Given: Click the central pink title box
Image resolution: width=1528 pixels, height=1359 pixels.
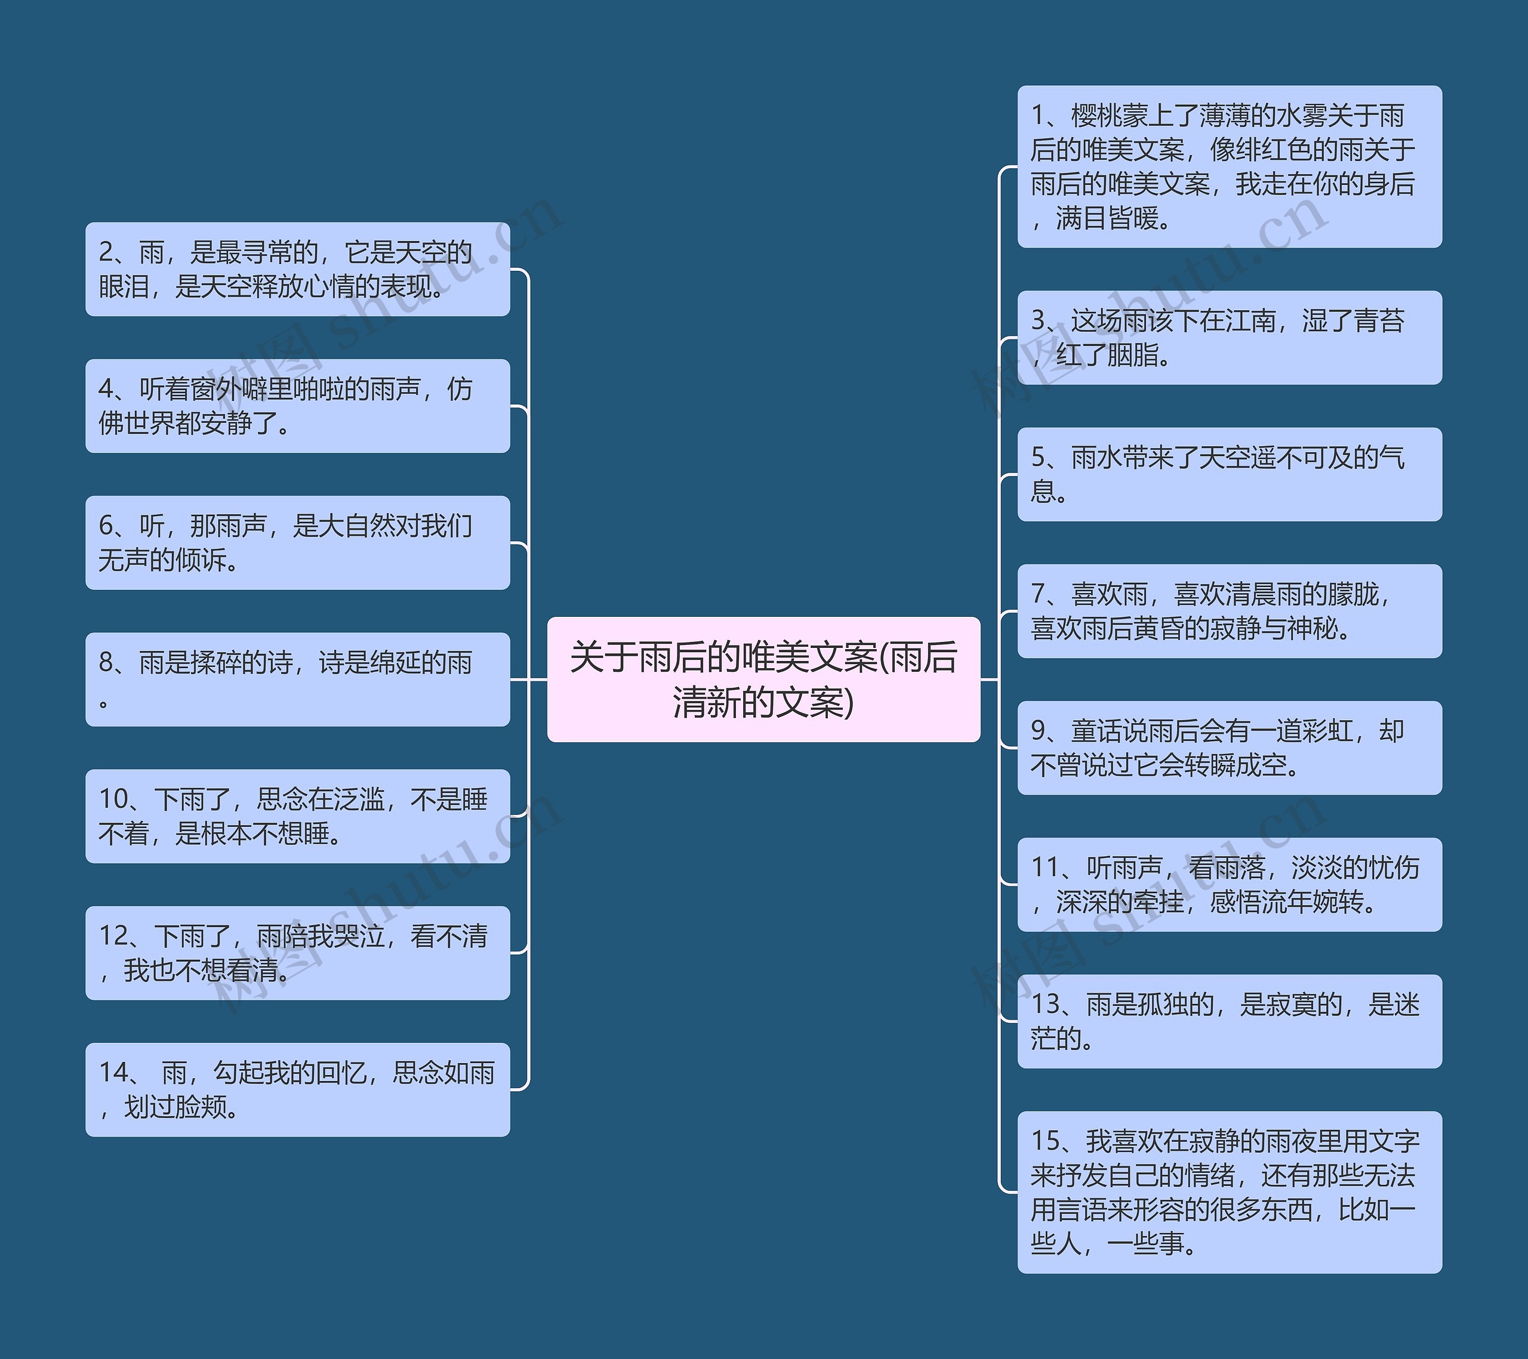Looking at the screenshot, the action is pos(763,679).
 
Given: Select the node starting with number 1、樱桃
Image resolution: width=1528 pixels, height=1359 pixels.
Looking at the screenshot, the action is pos(1229,166).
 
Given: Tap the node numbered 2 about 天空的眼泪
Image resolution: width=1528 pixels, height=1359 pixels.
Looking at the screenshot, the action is pos(297,269).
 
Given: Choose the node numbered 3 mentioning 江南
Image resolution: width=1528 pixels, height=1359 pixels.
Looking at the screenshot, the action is pos(1229,338).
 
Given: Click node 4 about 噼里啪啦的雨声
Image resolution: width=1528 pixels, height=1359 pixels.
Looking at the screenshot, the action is pos(297,406).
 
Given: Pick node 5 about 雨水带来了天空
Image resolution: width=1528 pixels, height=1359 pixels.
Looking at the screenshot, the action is pos(1229,474).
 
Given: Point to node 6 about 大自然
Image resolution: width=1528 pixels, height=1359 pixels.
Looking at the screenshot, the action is pos(297,542).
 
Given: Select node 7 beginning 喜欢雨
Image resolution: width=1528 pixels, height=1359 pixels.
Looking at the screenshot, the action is pos(1229,611).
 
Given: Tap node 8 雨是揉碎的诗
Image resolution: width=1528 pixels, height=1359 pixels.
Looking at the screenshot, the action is pos(297,679).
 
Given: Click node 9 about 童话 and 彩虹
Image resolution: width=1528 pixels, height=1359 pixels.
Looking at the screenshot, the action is pos(1229,748).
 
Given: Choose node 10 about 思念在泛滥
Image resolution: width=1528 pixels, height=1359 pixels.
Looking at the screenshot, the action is pos(297,816).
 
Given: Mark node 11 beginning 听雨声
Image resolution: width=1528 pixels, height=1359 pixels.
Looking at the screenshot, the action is pos(1229,885).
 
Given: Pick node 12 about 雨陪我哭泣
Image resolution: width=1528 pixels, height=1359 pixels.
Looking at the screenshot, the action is pos(297,953).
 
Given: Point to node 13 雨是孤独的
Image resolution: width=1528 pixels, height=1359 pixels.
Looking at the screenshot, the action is pos(1229,1021).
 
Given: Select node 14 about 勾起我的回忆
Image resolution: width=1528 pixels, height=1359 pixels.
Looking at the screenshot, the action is pos(297,1089).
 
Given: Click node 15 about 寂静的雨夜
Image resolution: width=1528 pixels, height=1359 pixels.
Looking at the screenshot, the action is pos(1229,1193).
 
